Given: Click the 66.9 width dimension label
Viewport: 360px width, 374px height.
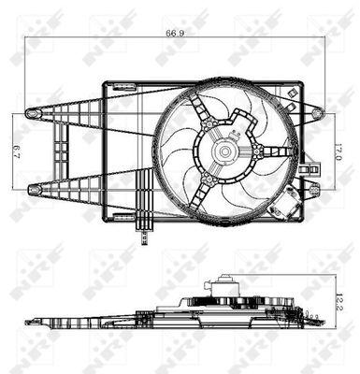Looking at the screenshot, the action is (175, 34).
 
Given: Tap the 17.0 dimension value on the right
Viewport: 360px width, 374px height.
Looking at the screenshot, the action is (338, 151).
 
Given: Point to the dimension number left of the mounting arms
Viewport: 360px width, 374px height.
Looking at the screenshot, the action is (17, 151).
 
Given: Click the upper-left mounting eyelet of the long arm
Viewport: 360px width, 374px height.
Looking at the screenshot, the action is (32, 113).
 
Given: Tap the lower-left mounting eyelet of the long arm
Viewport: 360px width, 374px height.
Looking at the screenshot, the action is (34, 189).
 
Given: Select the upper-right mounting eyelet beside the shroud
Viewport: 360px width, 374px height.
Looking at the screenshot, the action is (317, 112).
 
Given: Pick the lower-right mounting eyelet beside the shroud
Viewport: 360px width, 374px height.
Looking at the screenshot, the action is (315, 190).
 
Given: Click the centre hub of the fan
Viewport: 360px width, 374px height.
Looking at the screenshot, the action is (224, 151).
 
